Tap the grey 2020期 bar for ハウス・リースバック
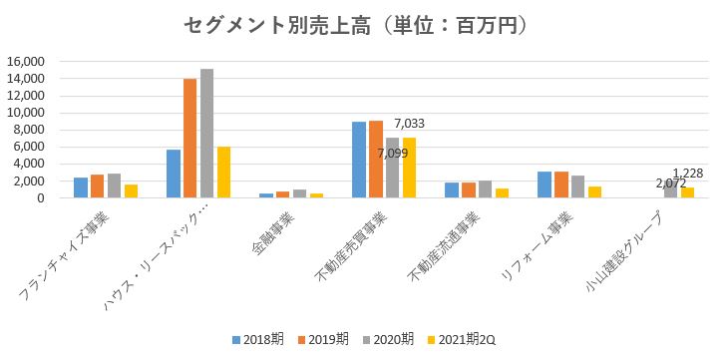pos(206,134)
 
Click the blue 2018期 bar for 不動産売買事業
pos(358,160)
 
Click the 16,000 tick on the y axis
pos(25,61)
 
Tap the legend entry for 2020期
pos(390,339)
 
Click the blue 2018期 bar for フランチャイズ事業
pos(81,187)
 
